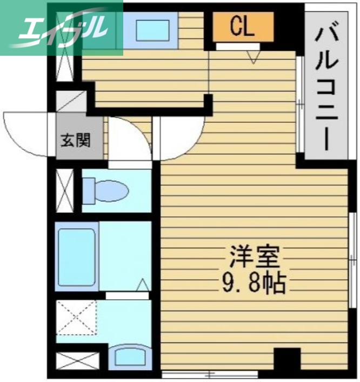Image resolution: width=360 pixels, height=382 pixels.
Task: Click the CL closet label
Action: point(242,27)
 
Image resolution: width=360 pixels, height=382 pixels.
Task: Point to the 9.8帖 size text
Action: point(254,282)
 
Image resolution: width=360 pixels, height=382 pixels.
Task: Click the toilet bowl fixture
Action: point(105,190)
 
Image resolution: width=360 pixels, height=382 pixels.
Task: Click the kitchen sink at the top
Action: point(153,30)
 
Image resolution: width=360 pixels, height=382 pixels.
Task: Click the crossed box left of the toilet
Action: point(64,191)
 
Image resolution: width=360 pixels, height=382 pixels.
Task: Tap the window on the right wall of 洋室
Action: point(352,254)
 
